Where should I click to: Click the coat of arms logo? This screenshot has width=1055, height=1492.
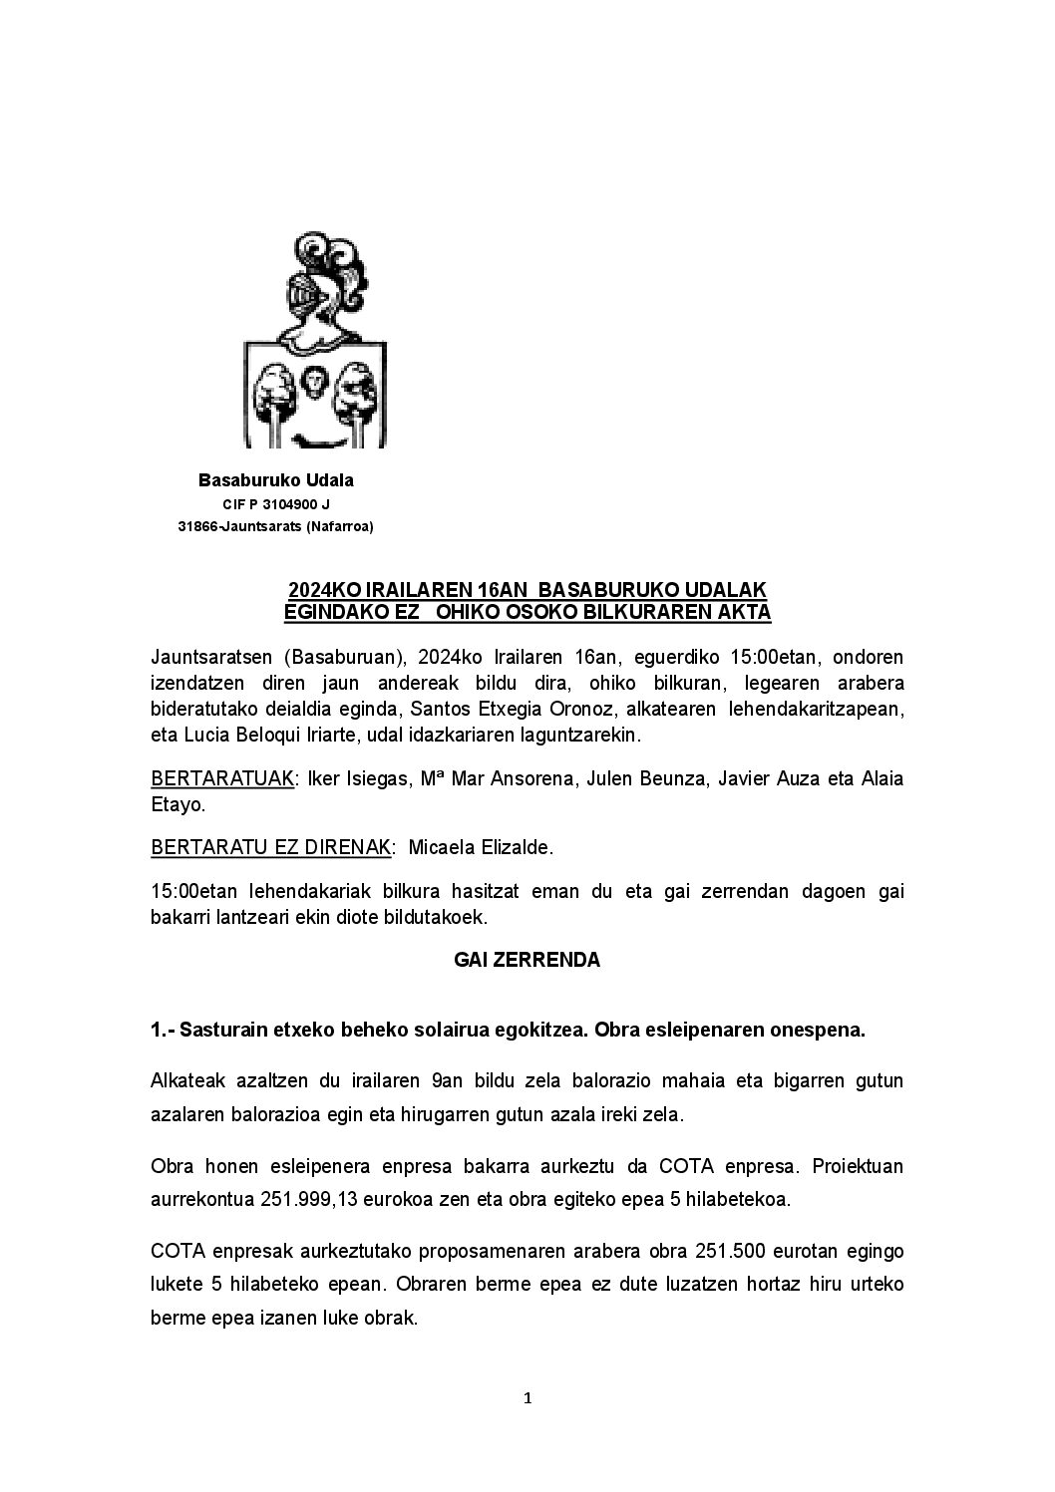(315, 341)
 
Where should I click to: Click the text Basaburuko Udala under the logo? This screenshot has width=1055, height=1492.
(276, 480)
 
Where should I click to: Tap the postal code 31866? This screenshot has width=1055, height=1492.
(197, 527)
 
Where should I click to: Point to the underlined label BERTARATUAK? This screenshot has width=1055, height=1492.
(222, 778)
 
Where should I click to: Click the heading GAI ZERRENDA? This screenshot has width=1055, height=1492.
(527, 961)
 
